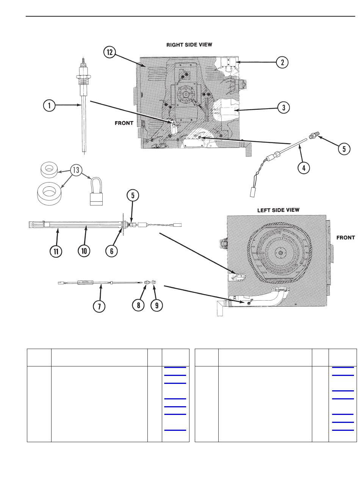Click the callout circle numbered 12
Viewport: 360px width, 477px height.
click(x=110, y=53)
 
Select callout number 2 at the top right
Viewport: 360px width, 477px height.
click(x=282, y=62)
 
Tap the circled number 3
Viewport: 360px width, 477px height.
click(x=283, y=108)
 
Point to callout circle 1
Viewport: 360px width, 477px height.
click(x=49, y=106)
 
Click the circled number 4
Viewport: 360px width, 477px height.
click(x=304, y=167)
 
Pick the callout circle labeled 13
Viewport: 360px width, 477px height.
click(x=77, y=170)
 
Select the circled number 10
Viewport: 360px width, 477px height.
click(x=85, y=251)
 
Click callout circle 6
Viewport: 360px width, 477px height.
click(x=111, y=251)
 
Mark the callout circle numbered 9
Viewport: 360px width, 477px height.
click(x=157, y=305)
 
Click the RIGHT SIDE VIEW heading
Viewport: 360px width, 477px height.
click(x=189, y=45)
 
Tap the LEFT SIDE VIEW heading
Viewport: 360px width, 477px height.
click(x=278, y=210)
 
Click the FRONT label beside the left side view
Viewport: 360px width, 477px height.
click(x=346, y=238)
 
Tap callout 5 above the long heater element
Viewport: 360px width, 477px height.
click(x=133, y=196)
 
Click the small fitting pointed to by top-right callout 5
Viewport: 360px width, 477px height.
click(x=314, y=136)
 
